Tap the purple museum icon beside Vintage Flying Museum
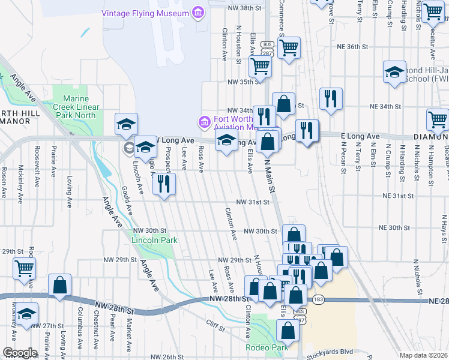click(196, 13)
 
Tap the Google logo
click(19, 353)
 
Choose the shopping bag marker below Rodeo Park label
click(288, 329)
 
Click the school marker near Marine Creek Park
click(127, 124)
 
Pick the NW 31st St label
click(252, 202)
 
